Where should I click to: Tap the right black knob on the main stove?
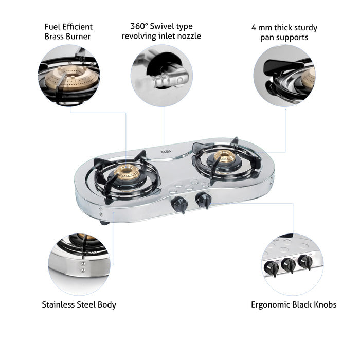tap(203, 200)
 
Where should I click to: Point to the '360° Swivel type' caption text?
tap(161, 27)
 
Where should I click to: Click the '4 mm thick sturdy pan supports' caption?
tap(284, 32)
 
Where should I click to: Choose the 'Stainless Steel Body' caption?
tap(79, 304)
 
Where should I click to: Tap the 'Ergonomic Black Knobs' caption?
tap(294, 304)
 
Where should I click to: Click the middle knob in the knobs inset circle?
tap(289, 264)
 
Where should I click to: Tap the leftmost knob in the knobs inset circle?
tap(272, 267)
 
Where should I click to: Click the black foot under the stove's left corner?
tap(104, 222)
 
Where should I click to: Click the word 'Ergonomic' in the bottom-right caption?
tap(272, 304)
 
